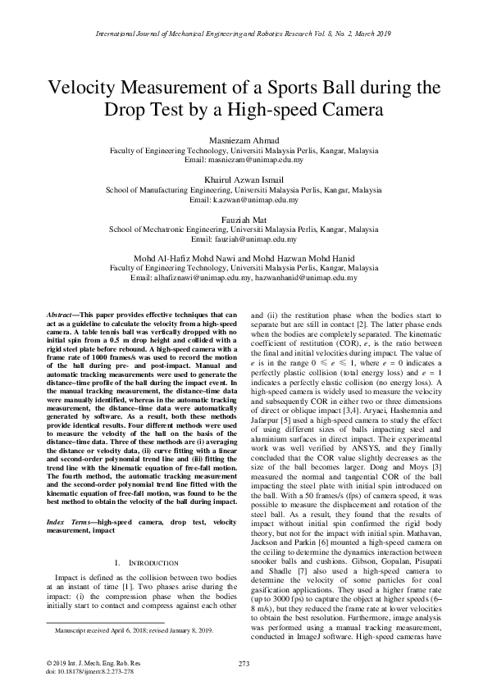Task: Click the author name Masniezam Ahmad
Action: [244, 141]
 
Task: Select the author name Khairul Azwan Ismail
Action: [244, 179]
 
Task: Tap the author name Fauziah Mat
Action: [244, 219]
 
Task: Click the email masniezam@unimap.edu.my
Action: [244, 161]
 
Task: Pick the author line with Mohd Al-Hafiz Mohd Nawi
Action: [244, 257]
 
